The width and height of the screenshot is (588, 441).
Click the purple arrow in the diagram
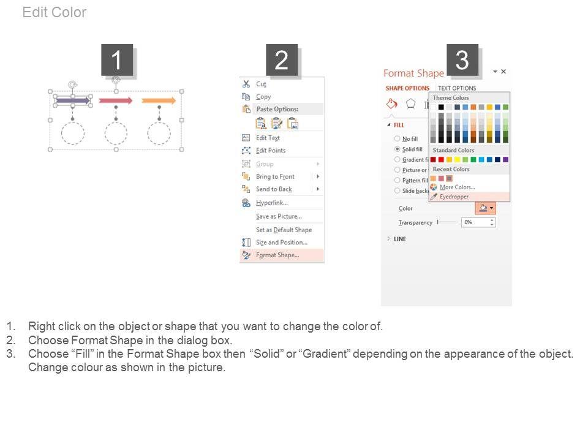click(x=73, y=100)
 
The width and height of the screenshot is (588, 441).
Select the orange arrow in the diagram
click(x=159, y=100)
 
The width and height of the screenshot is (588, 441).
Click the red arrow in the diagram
click(x=116, y=100)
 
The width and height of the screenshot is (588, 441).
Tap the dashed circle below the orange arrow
click(x=159, y=133)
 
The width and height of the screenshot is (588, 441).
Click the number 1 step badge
click(x=117, y=60)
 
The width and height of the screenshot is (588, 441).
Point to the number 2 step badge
click(x=282, y=60)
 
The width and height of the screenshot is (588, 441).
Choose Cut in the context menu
click(x=261, y=84)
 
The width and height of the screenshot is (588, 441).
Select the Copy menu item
click(x=263, y=97)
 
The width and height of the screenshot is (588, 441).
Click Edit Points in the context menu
click(x=271, y=151)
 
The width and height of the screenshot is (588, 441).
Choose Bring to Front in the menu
click(x=275, y=176)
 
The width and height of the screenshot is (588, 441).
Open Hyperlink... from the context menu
click(x=271, y=203)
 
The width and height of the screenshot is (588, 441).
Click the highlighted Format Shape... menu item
click(x=277, y=255)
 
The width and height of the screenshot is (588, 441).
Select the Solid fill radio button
click(x=397, y=149)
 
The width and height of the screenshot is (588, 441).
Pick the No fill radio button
click(x=397, y=138)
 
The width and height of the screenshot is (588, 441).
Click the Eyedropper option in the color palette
click(x=454, y=197)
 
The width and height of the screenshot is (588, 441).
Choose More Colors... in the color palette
click(x=457, y=187)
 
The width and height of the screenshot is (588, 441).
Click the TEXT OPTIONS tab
click(x=457, y=88)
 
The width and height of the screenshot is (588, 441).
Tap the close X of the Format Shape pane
click(x=503, y=71)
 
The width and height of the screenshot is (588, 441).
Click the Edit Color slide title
click(x=55, y=12)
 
